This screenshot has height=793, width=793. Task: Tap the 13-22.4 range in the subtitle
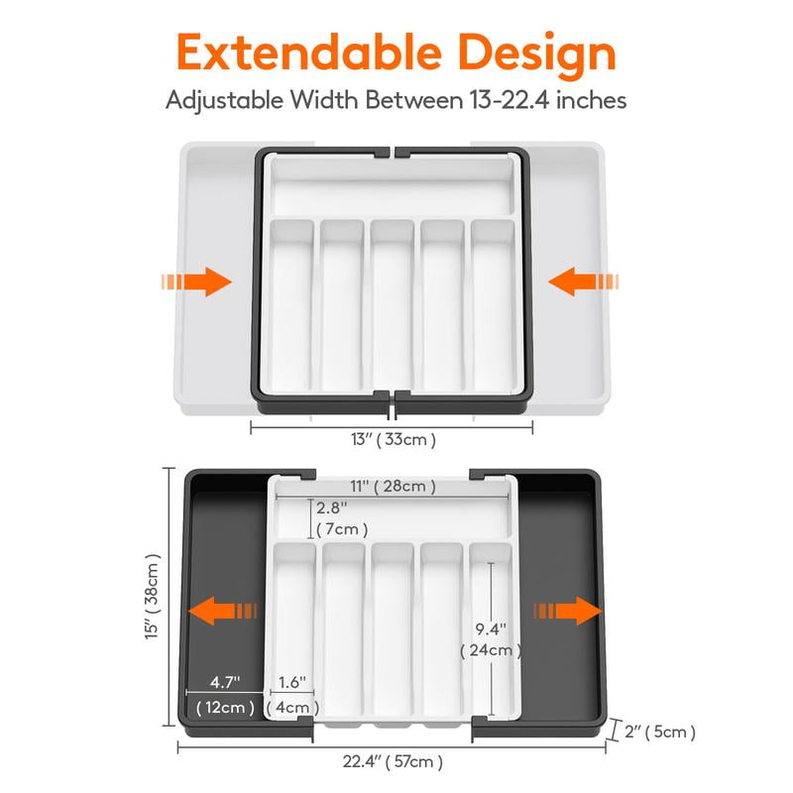pyautogui.click(x=525, y=101)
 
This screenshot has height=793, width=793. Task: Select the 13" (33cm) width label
pyautogui.click(x=393, y=438)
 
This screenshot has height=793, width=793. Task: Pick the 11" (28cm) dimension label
pyautogui.click(x=394, y=486)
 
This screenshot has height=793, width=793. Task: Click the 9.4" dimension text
pyautogui.click(x=490, y=628)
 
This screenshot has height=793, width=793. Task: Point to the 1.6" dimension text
pyautogui.click(x=291, y=683)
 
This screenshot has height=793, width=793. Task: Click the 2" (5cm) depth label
pyautogui.click(x=658, y=733)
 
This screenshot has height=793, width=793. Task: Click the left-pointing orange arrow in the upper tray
pyautogui.click(x=585, y=283)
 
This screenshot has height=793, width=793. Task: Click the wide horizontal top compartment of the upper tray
pyautogui.click(x=393, y=185)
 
